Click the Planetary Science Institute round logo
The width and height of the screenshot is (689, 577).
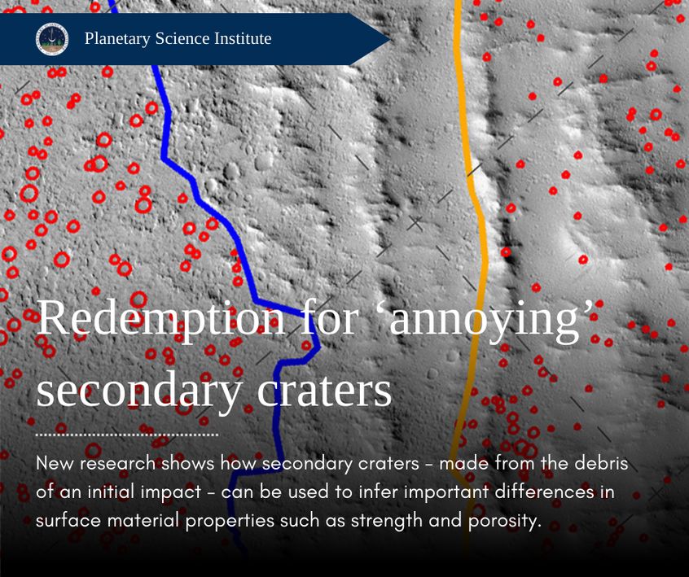point(52,39)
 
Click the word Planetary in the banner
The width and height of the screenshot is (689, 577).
point(117,39)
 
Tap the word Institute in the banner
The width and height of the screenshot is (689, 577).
point(243,38)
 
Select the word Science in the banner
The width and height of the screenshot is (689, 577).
point(182,38)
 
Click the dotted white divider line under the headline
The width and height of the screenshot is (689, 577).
point(127,435)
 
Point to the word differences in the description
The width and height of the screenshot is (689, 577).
point(544,492)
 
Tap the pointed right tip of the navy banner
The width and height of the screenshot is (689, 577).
point(389,39)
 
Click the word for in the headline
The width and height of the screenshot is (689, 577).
point(330,317)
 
